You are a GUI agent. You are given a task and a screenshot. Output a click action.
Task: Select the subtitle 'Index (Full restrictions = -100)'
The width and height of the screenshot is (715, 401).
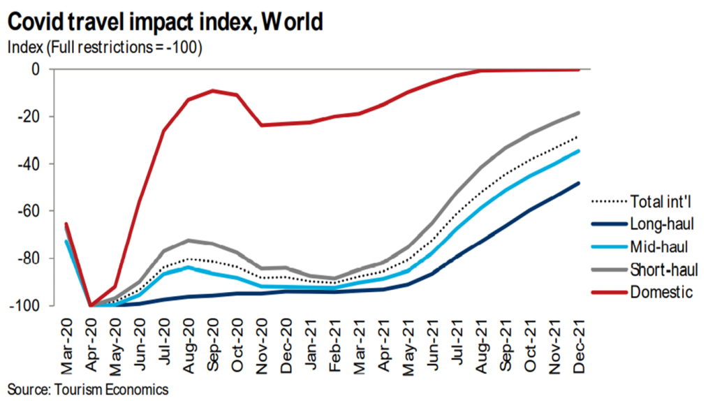pyautogui.click(x=105, y=48)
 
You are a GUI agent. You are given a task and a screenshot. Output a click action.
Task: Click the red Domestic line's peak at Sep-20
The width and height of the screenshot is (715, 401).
pyautogui.click(x=213, y=91)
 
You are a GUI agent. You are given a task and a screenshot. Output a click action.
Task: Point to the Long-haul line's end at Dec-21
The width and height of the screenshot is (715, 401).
pyautogui.click(x=578, y=183)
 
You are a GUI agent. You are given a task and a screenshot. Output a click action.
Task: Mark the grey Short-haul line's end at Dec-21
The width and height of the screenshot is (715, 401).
pyautogui.click(x=578, y=112)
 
